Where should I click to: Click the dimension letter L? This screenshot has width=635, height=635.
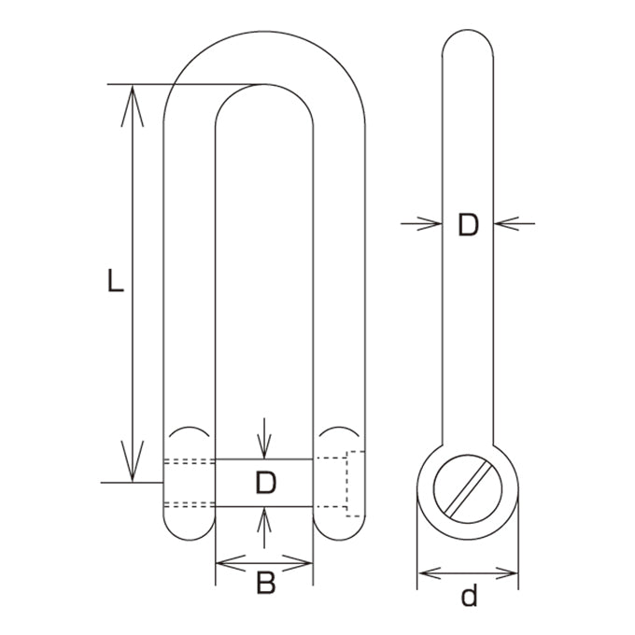(116, 280)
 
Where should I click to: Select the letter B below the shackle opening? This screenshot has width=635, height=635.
(265, 583)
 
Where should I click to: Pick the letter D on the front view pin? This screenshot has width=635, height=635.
(265, 483)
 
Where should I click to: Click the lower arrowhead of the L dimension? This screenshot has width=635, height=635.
(133, 461)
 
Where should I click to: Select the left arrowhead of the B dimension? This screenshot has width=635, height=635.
(231, 563)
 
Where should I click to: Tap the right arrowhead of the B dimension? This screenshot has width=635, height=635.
(297, 563)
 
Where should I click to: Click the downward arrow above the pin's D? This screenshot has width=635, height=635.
(264, 438)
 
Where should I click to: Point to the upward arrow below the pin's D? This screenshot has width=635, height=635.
(264, 528)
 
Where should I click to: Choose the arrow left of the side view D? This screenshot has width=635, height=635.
(421, 223)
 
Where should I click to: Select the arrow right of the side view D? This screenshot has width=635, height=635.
(515, 223)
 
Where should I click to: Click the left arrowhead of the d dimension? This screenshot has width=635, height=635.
(430, 573)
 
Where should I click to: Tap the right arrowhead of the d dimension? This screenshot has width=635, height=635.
(506, 573)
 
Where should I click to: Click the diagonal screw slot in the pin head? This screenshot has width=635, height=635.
(469, 489)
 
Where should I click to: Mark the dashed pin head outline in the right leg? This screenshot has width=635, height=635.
(347, 484)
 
